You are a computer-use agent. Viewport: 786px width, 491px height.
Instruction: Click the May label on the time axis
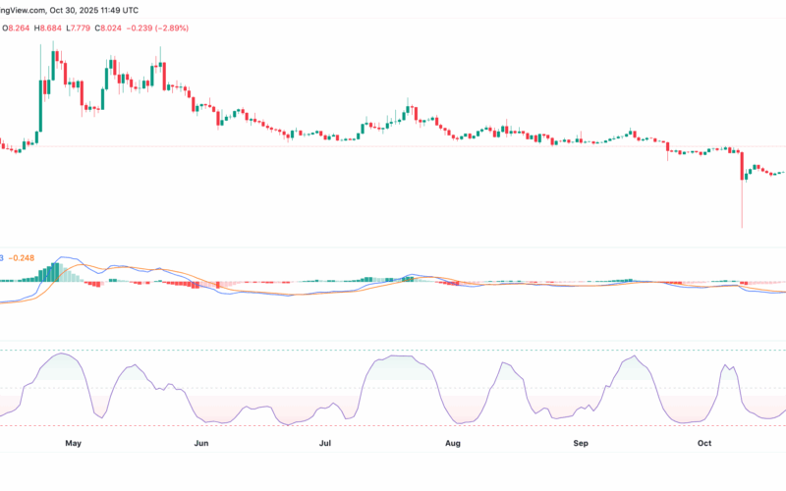pyautogui.click(x=72, y=444)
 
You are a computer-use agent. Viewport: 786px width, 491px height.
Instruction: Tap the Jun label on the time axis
pyautogui.click(x=201, y=444)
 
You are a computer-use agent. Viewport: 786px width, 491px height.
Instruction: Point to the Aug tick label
pyautogui.click(x=453, y=444)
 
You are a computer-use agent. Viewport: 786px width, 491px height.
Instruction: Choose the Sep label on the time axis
pyautogui.click(x=581, y=444)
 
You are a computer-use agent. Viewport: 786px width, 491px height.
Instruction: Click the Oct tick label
pyautogui.click(x=703, y=444)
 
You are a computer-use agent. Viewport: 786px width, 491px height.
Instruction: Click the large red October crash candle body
pyautogui.click(x=742, y=166)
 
